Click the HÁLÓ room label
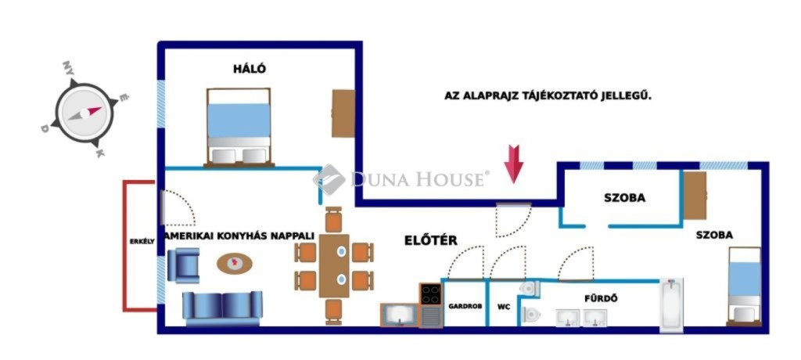[250, 69]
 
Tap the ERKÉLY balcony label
[138, 241]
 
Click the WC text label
[504, 308]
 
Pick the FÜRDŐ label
[602, 298]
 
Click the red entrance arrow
[513, 164]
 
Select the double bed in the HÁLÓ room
[239, 128]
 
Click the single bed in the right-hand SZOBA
[744, 286]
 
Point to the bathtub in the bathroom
[671, 304]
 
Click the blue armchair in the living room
[183, 265]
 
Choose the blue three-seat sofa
[222, 308]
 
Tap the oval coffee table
[235, 264]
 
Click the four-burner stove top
[431, 294]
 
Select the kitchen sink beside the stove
[400, 315]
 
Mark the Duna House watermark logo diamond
[329, 179]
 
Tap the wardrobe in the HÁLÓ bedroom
[343, 113]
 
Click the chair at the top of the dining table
[333, 220]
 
